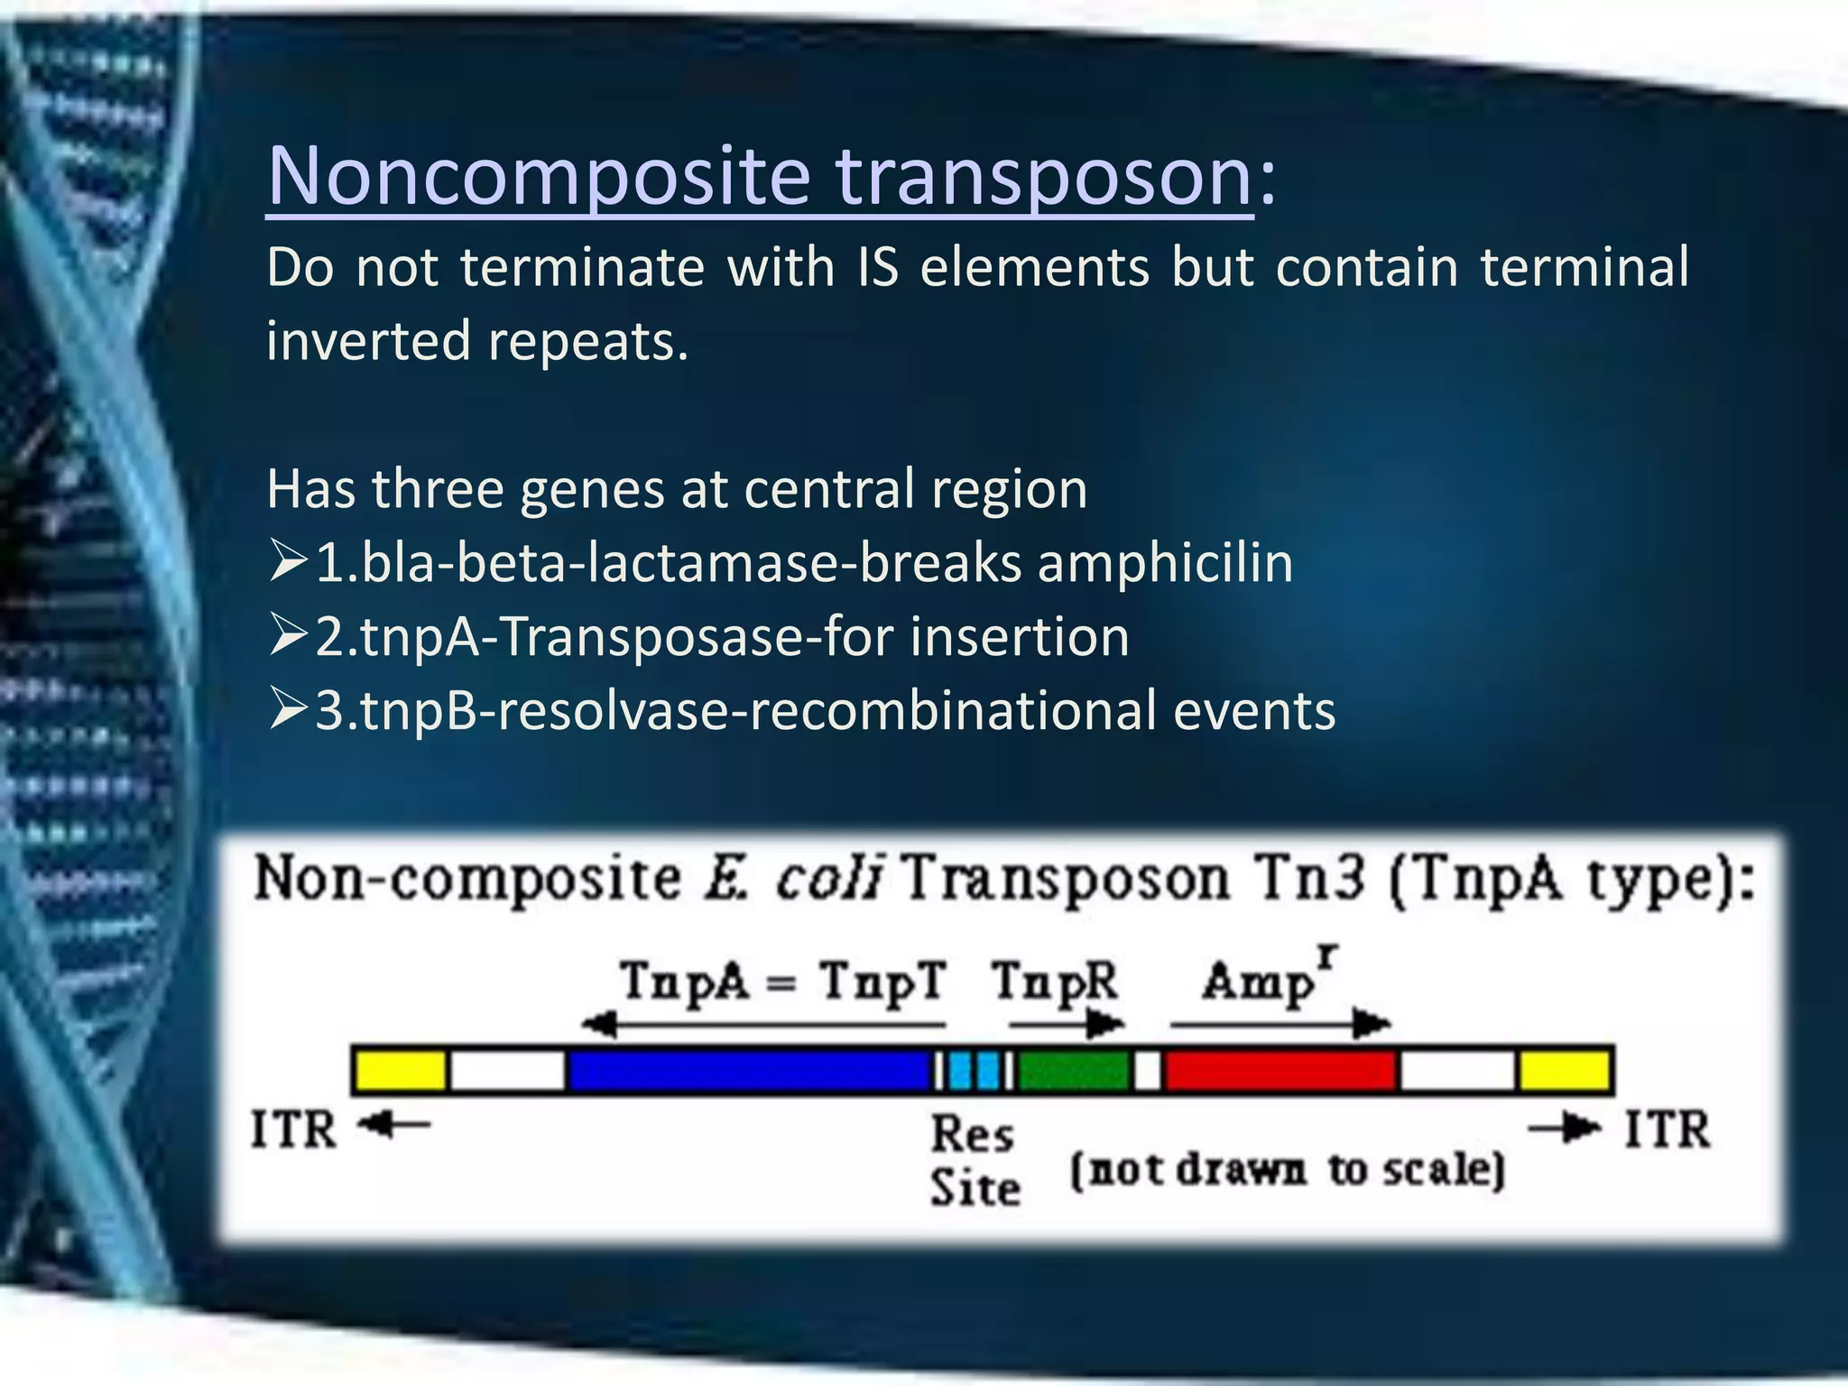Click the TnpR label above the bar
[1054, 982]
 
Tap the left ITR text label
[293, 1131]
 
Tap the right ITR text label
[1667, 1130]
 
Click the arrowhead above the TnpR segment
[1104, 1024]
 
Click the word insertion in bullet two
[1019, 637]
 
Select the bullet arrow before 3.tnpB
[288, 711]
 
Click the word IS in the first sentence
[877, 268]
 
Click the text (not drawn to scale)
[1287, 1170]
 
